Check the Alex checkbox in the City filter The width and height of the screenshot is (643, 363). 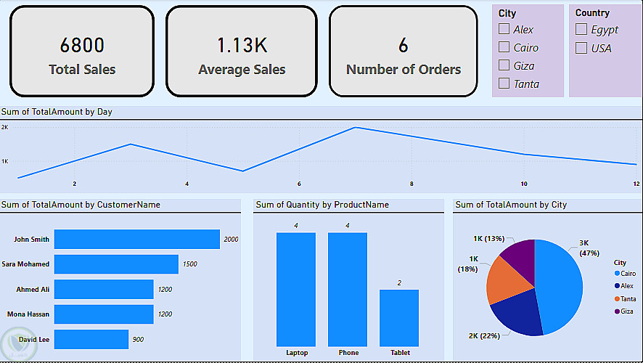pos(504,29)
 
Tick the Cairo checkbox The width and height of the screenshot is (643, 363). pos(504,47)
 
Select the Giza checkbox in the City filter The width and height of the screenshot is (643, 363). pos(504,65)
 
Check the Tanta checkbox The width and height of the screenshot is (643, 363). pos(504,83)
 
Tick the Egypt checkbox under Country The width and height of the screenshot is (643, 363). pos(581,29)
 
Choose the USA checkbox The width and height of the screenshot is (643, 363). pos(581,48)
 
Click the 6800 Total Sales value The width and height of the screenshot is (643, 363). pos(82,45)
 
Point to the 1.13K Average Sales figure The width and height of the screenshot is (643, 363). pos(242,45)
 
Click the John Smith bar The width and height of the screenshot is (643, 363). pos(136,239)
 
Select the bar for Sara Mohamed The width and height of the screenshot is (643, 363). pos(116,264)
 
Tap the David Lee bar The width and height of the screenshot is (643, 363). pos(91,339)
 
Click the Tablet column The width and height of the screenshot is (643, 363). pos(399,318)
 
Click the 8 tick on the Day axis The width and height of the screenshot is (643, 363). pos(411,184)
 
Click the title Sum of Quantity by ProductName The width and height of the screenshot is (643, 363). pos(322,205)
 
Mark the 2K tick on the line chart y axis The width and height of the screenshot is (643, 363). pos(4,127)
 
